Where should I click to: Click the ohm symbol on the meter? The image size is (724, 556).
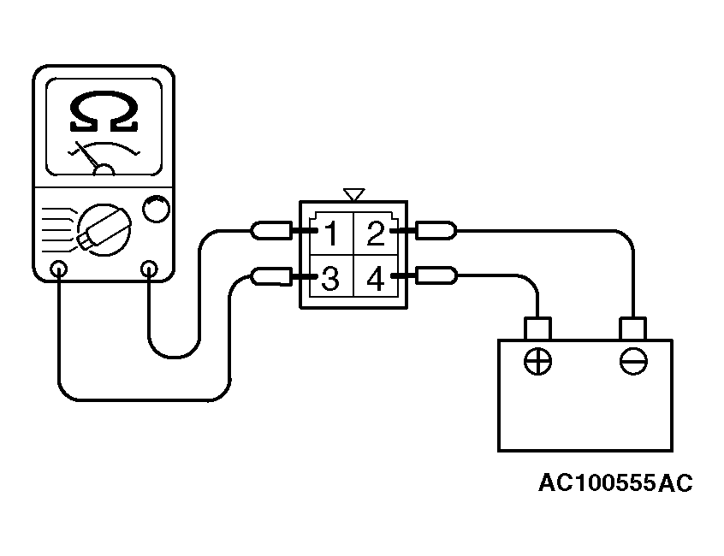pos(104,112)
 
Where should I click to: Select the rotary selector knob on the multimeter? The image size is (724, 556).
pos(104,230)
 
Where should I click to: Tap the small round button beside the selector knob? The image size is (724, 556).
pos(157,209)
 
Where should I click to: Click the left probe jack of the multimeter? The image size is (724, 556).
pos(59,269)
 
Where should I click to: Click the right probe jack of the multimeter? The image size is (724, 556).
pos(149,269)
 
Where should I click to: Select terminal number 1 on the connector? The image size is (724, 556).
pos(331,234)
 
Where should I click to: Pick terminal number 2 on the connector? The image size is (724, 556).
pos(376,234)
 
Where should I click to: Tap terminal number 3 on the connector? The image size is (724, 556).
pos(330,278)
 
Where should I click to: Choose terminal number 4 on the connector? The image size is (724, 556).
pos(376,279)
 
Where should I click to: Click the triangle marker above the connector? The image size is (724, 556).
pos(354,194)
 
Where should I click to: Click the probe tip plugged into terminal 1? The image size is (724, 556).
pos(271,230)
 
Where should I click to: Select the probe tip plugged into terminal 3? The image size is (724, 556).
pos(271,276)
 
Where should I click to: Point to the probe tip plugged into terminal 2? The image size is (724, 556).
pos(436,230)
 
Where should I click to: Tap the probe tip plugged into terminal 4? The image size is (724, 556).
pos(436,275)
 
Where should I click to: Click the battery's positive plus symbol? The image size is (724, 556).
pos(538,361)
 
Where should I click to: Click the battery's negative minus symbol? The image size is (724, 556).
pos(633,361)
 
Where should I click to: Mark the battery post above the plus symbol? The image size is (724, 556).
pos(538,328)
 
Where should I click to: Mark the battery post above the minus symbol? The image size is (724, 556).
pos(632,328)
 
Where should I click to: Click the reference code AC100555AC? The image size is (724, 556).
pos(616,483)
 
